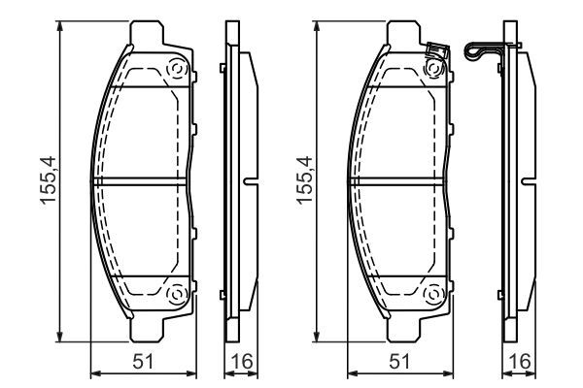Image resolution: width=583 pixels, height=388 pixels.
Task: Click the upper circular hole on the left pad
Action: tap(177, 70)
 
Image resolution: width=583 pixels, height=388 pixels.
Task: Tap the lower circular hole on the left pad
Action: tap(177, 294)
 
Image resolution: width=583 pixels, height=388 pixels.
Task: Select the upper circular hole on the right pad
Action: tap(434, 70)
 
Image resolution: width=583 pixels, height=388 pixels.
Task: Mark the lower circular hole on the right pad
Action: tap(434, 294)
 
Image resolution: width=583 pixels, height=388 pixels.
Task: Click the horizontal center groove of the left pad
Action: tap(140, 181)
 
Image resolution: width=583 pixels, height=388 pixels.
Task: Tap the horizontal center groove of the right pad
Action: tap(397, 181)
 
